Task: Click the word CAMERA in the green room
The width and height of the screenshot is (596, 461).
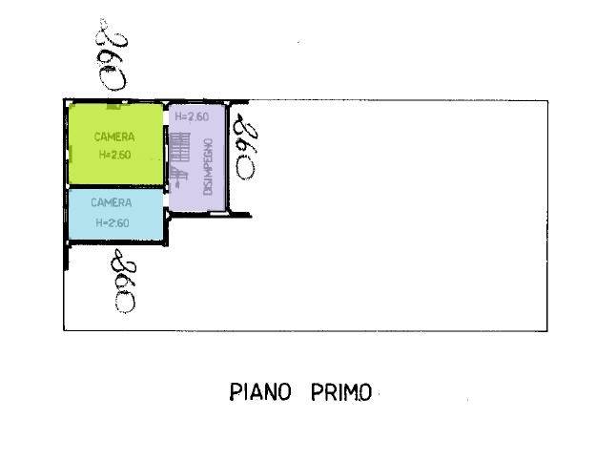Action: (x=114, y=136)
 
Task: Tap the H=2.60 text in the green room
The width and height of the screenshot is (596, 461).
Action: (x=114, y=155)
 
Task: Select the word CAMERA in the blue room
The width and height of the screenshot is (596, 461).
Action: (x=112, y=202)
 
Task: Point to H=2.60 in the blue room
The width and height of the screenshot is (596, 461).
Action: (x=113, y=222)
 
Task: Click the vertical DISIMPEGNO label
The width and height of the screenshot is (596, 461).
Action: (x=208, y=167)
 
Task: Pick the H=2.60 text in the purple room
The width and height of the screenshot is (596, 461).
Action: (x=192, y=116)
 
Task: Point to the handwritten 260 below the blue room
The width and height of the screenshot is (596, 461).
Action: (x=123, y=281)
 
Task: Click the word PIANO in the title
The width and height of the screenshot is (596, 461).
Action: (x=260, y=391)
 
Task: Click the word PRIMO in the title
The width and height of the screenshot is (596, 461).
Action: (x=341, y=392)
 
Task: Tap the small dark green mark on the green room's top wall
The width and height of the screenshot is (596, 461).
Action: (x=113, y=106)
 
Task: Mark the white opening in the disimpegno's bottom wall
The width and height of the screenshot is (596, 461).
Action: (x=217, y=214)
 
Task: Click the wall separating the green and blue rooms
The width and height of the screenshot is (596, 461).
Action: (x=116, y=186)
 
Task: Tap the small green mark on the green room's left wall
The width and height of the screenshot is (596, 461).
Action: (x=71, y=154)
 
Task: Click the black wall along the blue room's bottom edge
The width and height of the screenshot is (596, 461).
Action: (x=118, y=242)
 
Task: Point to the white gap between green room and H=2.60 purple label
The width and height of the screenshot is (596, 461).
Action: (x=166, y=116)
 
